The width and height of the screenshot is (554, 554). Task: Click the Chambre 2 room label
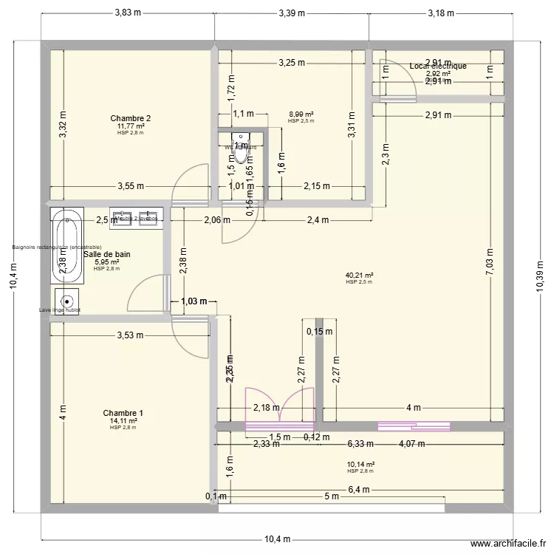pos(131,119)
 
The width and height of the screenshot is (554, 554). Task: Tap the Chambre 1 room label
pos(123,413)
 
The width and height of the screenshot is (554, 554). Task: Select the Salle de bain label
pos(107,254)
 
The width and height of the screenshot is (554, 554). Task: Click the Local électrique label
pos(437,66)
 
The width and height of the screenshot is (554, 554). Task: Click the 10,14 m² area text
pos(360,465)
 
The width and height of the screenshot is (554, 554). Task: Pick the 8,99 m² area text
pos(301,114)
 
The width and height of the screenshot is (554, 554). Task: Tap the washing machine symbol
pos(67,301)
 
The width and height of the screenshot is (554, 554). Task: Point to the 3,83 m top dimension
pos(127,13)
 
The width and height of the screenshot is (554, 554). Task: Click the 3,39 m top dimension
pos(292,13)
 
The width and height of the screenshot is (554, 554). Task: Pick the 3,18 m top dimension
pos(441,13)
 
